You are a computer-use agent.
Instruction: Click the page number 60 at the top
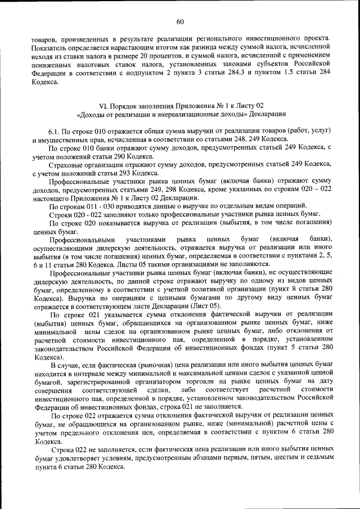click(x=180, y=22)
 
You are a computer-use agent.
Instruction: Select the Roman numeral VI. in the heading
click(x=103, y=105)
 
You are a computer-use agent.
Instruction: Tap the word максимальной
click(x=187, y=373)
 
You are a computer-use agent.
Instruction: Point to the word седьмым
click(x=318, y=459)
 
